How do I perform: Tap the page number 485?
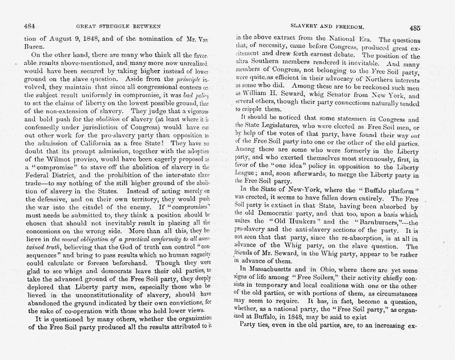pos(415,27)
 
